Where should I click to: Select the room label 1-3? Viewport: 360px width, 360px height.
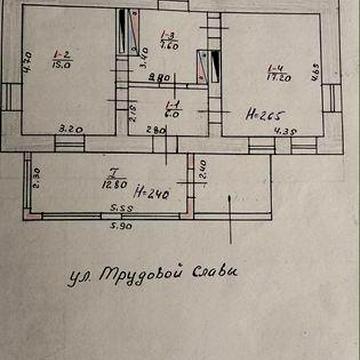[x=169, y=35]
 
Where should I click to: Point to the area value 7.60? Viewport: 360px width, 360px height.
[x=169, y=45]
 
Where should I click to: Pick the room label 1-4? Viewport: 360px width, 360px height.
[x=273, y=67]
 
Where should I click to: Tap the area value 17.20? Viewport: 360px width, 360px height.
[x=273, y=77]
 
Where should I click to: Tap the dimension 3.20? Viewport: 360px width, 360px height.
[x=69, y=128]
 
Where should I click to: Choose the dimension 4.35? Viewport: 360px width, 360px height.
[x=289, y=129]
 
